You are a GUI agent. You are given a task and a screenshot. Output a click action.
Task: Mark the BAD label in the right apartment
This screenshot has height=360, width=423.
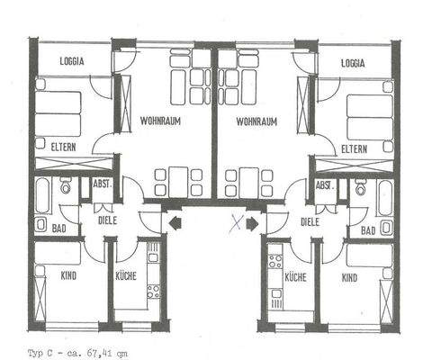(x=366, y=231)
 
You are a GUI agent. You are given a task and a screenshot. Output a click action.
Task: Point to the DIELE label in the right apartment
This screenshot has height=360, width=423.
(x=310, y=220)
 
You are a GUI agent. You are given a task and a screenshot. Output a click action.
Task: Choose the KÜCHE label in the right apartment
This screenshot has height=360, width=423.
(x=295, y=278)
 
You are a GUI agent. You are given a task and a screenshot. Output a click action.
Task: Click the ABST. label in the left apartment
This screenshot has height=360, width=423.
(x=102, y=184)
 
